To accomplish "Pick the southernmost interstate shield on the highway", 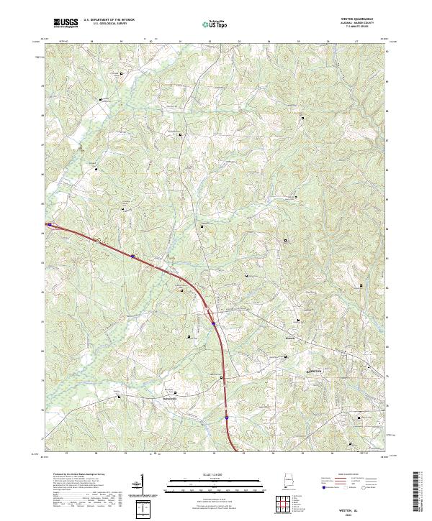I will (x=226, y=416).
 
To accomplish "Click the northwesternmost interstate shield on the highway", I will (x=133, y=255).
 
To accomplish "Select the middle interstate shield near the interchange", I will (x=215, y=323).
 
